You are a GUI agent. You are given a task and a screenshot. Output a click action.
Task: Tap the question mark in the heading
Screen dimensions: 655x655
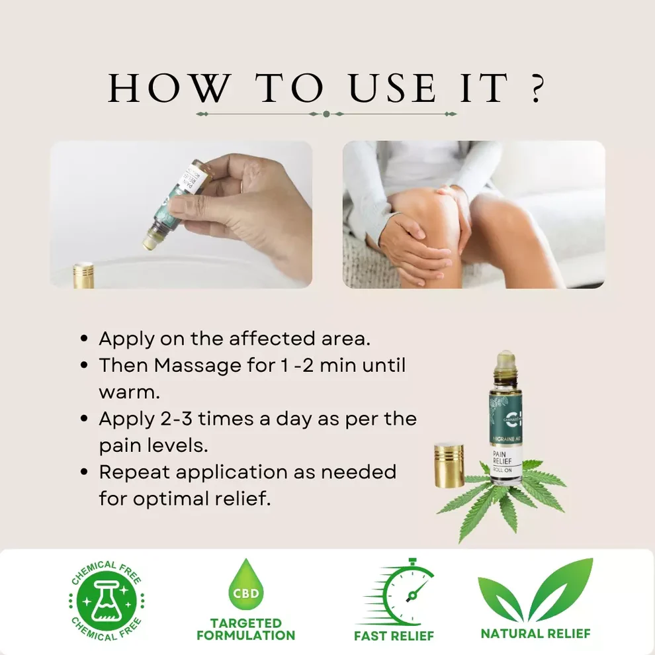point(537,89)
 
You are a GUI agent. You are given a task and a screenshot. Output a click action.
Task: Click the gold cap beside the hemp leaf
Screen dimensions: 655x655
point(449,466)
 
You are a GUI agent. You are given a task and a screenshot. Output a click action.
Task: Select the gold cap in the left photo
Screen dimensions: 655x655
point(83,275)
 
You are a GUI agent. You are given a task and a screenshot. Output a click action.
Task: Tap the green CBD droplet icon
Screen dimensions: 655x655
point(245,586)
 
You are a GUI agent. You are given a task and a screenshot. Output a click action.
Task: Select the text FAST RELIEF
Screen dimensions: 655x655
point(394,636)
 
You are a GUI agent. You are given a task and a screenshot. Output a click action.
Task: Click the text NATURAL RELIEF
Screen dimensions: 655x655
point(535,633)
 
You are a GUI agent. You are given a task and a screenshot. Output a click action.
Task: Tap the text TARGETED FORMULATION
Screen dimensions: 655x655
point(245,629)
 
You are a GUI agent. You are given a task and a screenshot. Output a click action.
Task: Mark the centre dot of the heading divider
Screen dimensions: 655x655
point(326,114)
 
